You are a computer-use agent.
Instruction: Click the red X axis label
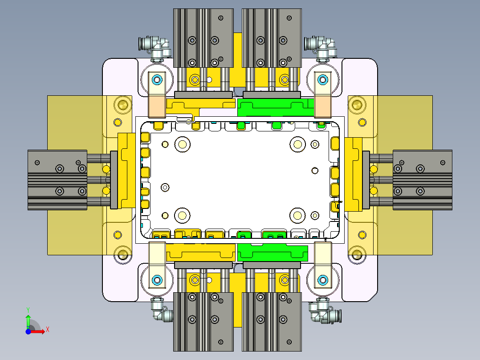coord(47,330)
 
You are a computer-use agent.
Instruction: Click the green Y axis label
coord(28,309)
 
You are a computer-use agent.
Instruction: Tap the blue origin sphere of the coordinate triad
coord(28,331)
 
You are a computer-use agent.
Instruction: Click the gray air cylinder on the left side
coord(57,180)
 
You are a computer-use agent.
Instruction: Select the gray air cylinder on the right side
coord(422,180)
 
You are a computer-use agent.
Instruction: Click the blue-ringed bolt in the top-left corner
coord(157,80)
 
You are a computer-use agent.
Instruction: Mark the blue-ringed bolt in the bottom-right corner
coord(322,280)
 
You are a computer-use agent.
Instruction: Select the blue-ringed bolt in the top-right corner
coord(322,80)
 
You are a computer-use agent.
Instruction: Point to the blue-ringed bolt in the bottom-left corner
coord(157,280)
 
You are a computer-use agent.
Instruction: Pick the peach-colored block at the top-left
coord(157,106)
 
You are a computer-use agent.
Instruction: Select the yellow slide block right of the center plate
coord(354,174)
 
